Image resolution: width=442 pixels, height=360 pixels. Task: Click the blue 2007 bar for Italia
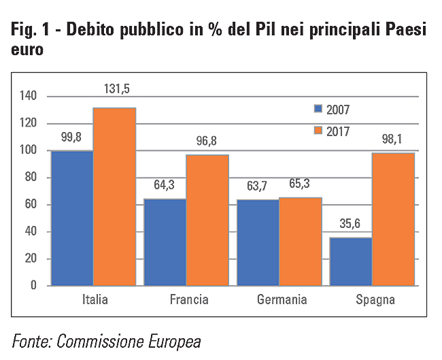71,218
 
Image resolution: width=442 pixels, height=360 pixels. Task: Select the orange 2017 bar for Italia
114,197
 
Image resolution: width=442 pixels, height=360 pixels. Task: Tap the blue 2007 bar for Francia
165,242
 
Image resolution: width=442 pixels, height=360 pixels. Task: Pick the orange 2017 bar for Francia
207,220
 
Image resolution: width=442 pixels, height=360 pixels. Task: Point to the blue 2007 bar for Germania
258,242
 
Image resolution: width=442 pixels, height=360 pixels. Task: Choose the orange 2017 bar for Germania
300,241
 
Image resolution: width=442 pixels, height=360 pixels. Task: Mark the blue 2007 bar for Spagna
351,261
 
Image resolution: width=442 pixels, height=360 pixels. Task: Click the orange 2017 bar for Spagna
393,219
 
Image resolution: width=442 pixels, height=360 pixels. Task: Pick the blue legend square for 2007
318,109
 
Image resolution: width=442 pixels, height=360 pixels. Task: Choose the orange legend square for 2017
318,129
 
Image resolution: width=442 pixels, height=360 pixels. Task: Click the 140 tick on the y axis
27,97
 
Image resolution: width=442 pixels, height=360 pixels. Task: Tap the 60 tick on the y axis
30,205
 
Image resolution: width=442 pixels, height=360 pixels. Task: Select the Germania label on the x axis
282,299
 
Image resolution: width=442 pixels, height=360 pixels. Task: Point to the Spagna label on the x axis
375,299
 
